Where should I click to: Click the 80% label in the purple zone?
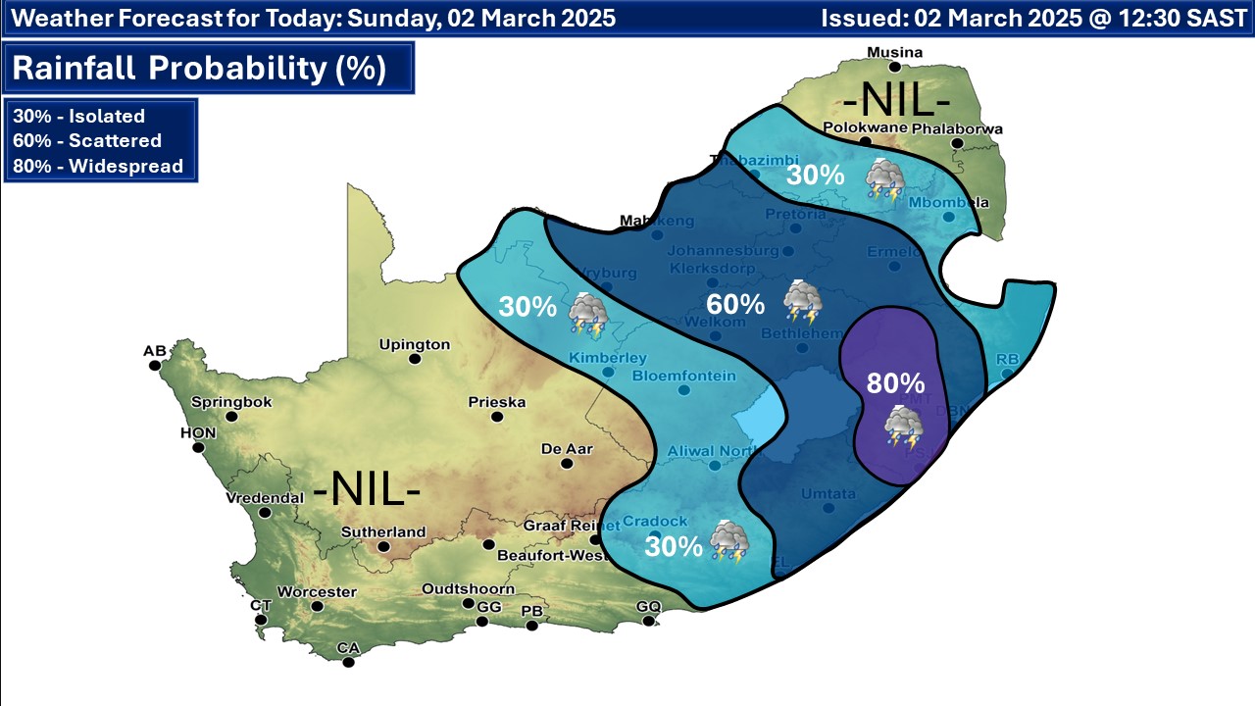click(x=895, y=382)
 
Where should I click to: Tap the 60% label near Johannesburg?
click(x=735, y=303)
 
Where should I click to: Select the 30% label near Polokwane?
click(x=816, y=176)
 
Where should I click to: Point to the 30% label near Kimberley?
click(x=527, y=307)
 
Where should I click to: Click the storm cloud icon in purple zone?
click(x=903, y=428)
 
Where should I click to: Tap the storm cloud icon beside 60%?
click(x=803, y=301)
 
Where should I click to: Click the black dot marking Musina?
click(x=894, y=68)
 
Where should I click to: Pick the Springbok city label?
click(x=231, y=402)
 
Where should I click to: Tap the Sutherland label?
click(x=383, y=532)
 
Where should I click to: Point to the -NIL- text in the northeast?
click(x=898, y=100)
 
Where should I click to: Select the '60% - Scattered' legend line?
click(x=87, y=140)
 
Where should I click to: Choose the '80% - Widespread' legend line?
click(x=98, y=166)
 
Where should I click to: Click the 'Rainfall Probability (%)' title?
click(x=199, y=70)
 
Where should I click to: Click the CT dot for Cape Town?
click(x=261, y=619)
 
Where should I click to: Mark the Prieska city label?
click(x=497, y=402)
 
